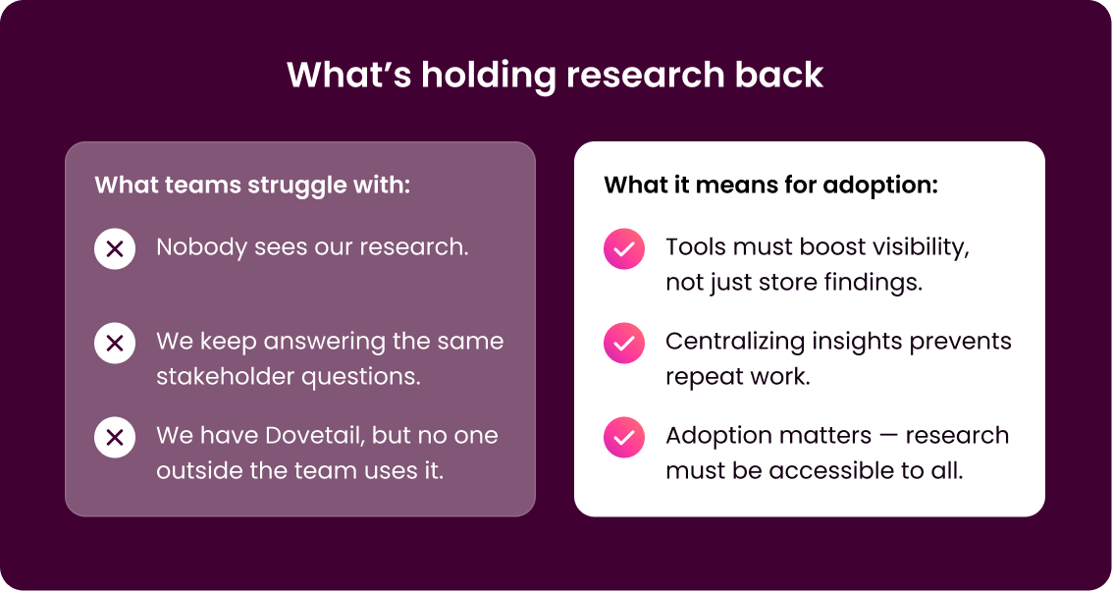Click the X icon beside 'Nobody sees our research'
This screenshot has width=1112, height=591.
[x=115, y=249]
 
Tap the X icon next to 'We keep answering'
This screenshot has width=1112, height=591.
[x=115, y=344]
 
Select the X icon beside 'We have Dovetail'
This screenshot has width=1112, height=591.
[x=115, y=437]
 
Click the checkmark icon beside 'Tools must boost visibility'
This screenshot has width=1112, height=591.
[x=624, y=249]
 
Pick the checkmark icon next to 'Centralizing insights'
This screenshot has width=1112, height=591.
[x=624, y=344]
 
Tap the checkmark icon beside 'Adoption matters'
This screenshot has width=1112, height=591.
[x=624, y=437]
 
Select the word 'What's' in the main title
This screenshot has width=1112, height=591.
[x=349, y=75]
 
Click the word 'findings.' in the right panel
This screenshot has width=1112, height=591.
[x=873, y=283]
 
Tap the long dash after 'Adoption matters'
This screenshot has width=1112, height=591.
[x=888, y=436]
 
